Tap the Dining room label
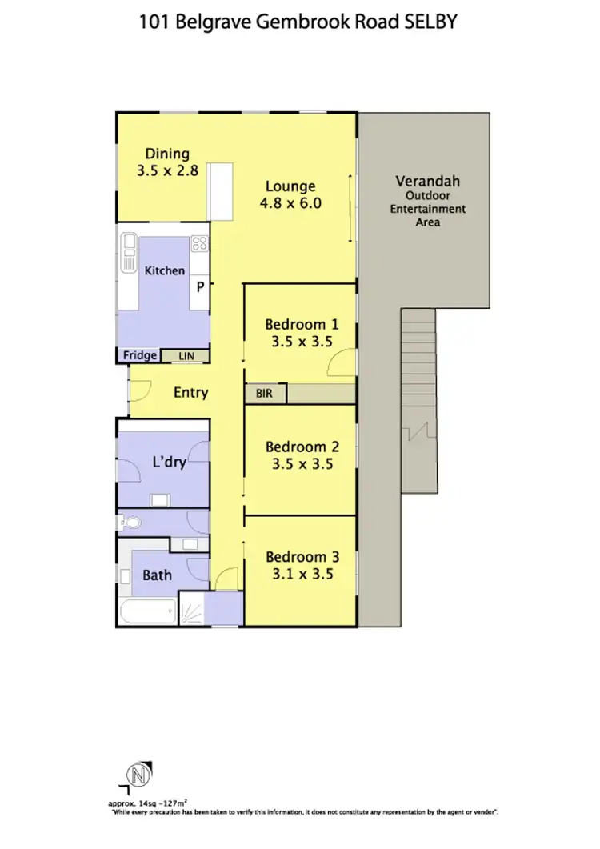click(166, 154)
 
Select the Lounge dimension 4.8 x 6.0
click(290, 203)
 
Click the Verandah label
click(426, 181)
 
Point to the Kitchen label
click(165, 270)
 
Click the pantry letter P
click(200, 286)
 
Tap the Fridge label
click(139, 355)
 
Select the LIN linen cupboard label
click(186, 355)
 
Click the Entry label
click(190, 392)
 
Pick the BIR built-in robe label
click(264, 394)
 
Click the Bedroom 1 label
click(302, 324)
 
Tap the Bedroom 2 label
click(302, 447)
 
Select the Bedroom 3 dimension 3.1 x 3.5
click(299, 574)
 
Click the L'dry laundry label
click(169, 462)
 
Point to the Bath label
click(157, 575)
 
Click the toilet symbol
click(130, 524)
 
